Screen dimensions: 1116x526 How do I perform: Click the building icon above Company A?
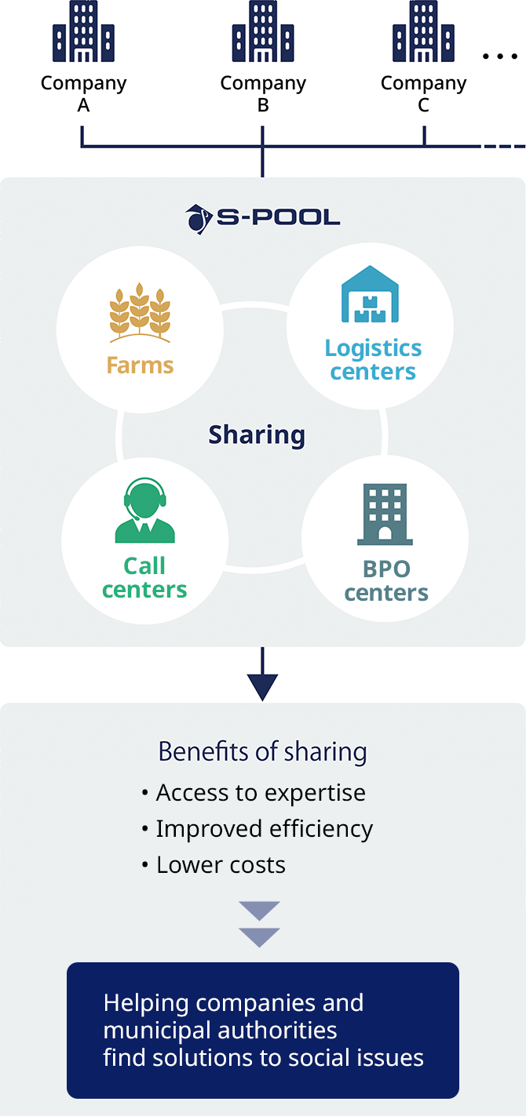tap(83, 32)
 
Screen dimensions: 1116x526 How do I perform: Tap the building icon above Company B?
tap(263, 32)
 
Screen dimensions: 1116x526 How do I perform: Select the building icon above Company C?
tap(423, 32)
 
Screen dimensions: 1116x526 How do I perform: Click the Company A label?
tap(83, 93)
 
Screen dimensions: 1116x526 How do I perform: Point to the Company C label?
tap(423, 93)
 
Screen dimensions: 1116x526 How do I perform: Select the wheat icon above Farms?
tap(140, 314)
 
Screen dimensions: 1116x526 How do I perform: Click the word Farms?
tap(140, 365)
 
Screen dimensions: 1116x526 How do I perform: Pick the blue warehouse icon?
tap(371, 295)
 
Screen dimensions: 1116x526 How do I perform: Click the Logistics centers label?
tap(373, 359)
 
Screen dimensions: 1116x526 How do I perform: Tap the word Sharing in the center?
tap(257, 434)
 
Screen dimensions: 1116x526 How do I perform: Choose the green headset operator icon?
tap(145, 511)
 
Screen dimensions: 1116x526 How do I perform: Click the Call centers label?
tap(145, 577)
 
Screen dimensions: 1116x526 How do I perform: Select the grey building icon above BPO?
tap(385, 514)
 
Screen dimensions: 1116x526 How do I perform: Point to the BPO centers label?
tap(386, 580)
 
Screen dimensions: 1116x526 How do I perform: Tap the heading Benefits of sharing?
tap(262, 751)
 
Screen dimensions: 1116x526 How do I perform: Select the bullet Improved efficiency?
tap(264, 829)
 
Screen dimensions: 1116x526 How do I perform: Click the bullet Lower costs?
tap(221, 865)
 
